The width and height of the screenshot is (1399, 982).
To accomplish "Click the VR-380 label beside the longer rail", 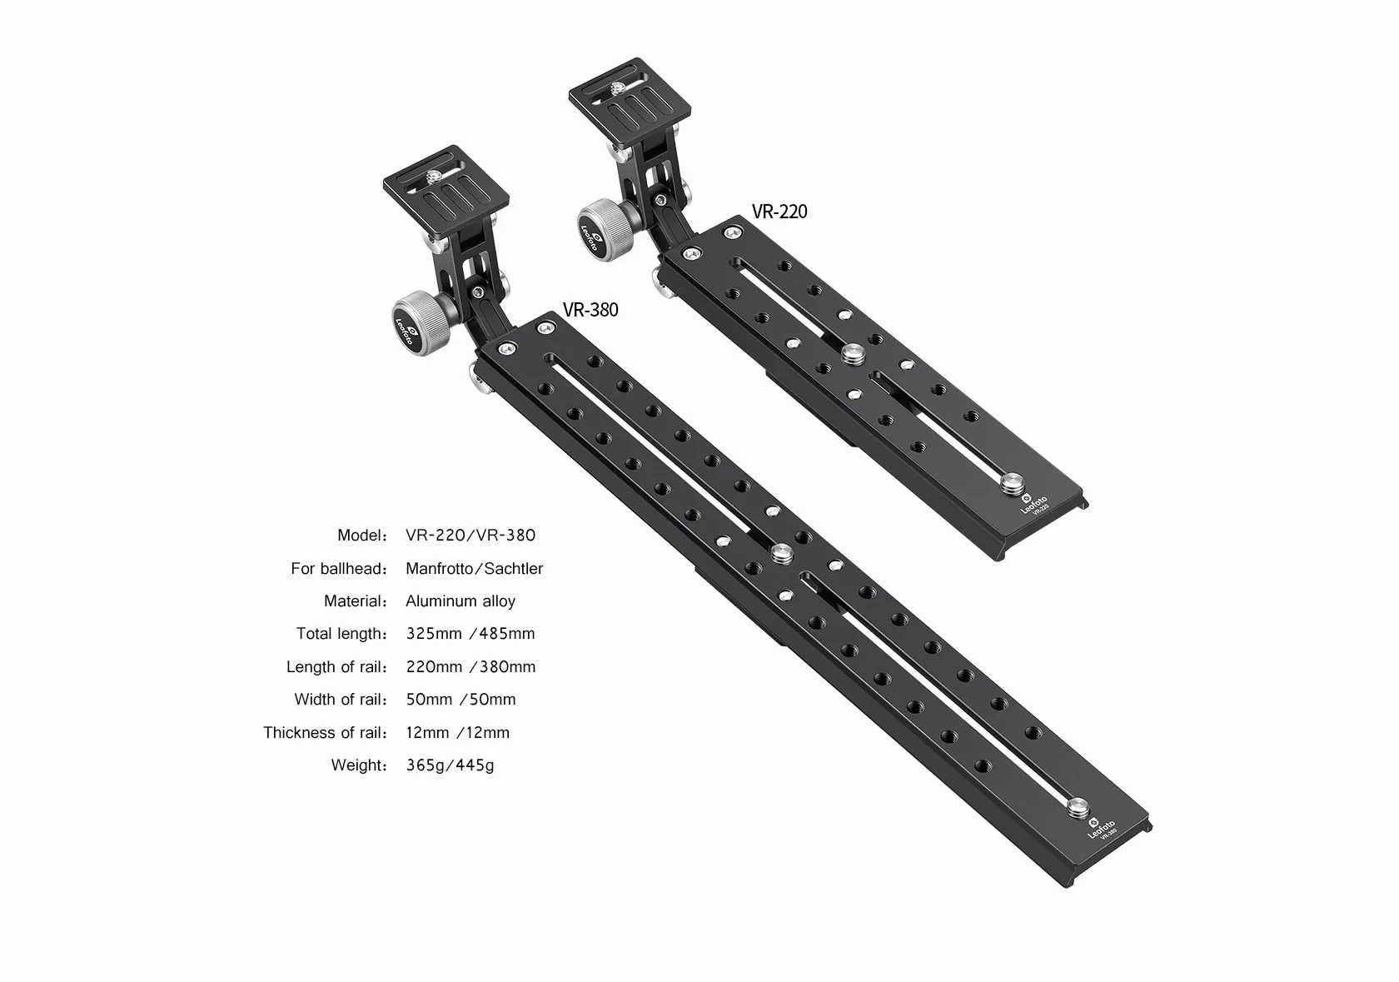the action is [x=590, y=310].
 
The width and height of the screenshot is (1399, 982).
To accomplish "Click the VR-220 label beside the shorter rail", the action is [x=779, y=212].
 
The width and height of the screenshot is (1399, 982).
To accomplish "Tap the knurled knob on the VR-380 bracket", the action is [x=421, y=323].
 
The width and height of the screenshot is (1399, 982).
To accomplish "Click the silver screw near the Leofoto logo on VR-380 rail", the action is [x=1078, y=808].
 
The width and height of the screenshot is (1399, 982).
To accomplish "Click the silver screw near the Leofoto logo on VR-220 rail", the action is [x=1011, y=484].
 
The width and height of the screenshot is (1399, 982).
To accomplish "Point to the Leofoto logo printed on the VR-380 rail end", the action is [x=1101, y=829].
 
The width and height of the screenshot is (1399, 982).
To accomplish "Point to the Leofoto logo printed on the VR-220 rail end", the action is [x=1034, y=504].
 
